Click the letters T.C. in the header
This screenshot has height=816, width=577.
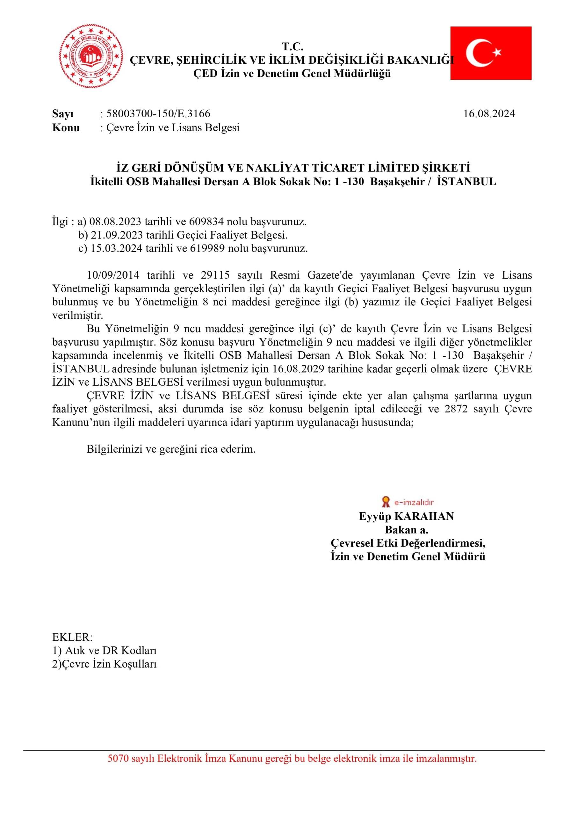pyautogui.click(x=292, y=46)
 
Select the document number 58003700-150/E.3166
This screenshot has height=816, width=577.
pyautogui.click(x=158, y=114)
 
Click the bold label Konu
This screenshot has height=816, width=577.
pyautogui.click(x=66, y=127)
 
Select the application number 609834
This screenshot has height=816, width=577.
pyautogui.click(x=206, y=222)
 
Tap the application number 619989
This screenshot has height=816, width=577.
pyautogui.click(x=207, y=248)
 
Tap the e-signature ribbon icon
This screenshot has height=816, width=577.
pyautogui.click(x=385, y=502)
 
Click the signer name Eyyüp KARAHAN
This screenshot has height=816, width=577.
pyautogui.click(x=407, y=516)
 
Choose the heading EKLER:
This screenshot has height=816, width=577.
pyautogui.click(x=72, y=637)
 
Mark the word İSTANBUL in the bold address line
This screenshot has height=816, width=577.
pyautogui.click(x=466, y=182)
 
